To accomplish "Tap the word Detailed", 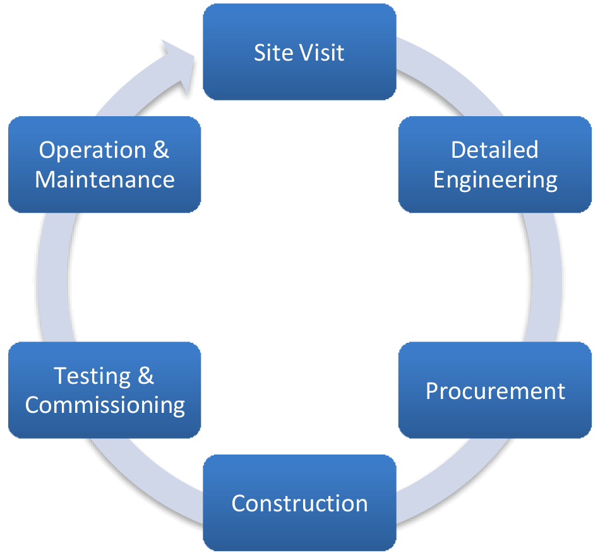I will pos(495,150).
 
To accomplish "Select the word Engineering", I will pos(495,180).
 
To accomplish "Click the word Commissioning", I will pos(105,405).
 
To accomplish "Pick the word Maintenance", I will pos(105,179).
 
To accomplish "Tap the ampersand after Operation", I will pos(162,150).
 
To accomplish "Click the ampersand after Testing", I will pos(145,376).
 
